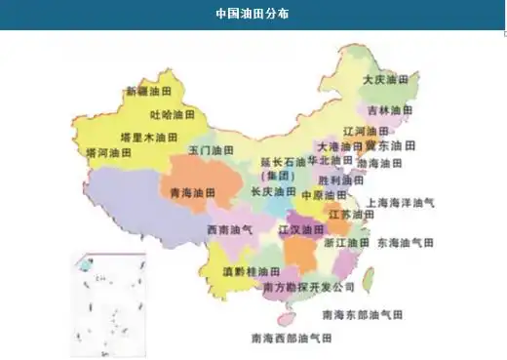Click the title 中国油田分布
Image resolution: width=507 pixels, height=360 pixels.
[252, 15]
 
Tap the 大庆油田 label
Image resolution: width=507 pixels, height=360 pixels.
[384, 80]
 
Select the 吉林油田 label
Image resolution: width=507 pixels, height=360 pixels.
[391, 110]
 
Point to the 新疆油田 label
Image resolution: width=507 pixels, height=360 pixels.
[147, 93]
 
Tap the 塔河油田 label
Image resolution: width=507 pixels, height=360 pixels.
[109, 153]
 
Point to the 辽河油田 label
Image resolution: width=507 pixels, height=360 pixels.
[365, 131]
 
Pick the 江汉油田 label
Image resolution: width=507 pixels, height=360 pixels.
[301, 230]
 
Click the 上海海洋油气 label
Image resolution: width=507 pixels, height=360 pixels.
[400, 204]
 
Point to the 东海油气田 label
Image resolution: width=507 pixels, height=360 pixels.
[406, 242]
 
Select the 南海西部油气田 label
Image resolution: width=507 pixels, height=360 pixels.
[292, 339]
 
